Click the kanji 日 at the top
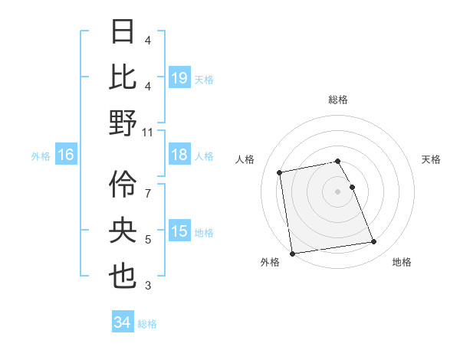coord(123,32)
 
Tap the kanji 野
coord(123,123)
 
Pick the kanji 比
coord(123,77)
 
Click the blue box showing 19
coord(179,77)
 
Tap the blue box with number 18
coord(179,155)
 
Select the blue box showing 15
coord(179,231)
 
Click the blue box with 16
coord(66,155)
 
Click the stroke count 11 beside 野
coord(148,133)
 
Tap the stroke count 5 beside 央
coord(148,240)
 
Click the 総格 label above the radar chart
coord(337,100)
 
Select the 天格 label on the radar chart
coord(431,159)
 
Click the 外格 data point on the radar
coord(292,254)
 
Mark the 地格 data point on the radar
coord(373,242)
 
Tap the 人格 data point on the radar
coord(281,172)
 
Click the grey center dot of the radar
coord(337,191)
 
